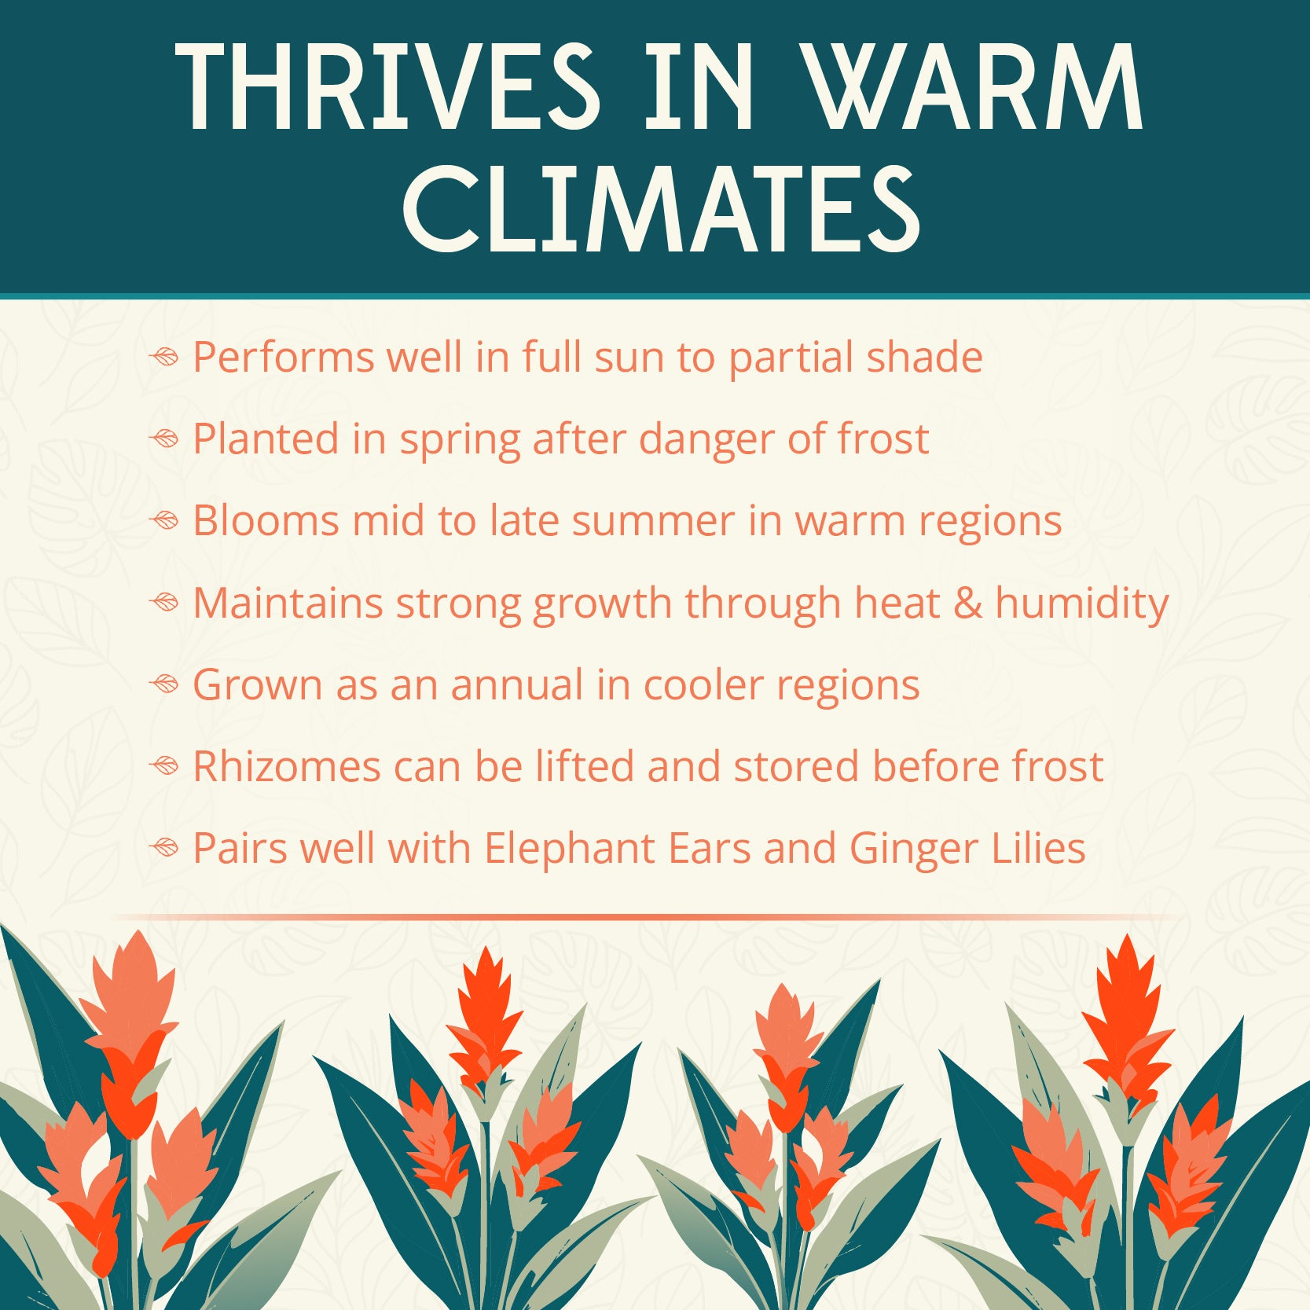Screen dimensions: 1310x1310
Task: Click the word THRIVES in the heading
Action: tap(388, 86)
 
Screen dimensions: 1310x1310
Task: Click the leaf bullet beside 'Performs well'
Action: tap(165, 358)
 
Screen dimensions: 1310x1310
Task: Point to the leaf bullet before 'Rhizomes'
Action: tap(165, 767)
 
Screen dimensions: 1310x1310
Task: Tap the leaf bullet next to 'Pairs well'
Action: tap(165, 849)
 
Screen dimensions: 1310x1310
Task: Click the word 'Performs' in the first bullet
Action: tap(284, 358)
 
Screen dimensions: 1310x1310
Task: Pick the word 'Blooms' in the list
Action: tap(266, 521)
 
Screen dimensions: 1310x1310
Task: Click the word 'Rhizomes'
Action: tap(287, 767)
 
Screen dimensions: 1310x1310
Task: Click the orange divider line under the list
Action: tap(648, 917)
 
